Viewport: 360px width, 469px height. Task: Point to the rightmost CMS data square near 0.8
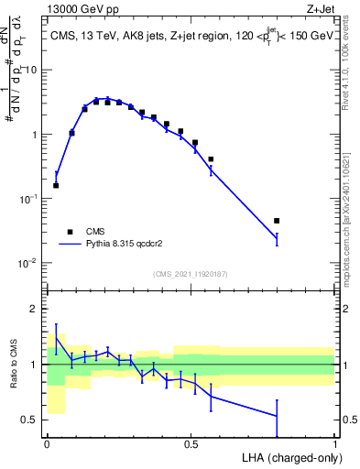[x=277, y=221]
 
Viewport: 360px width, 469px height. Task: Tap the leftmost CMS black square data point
[x=56, y=185]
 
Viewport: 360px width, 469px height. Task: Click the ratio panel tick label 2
[x=35, y=309]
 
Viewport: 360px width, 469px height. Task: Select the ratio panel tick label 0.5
[x=31, y=420]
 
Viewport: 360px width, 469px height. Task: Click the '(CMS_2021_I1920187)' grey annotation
[x=191, y=274]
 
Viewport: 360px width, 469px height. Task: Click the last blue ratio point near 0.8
[x=277, y=417]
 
